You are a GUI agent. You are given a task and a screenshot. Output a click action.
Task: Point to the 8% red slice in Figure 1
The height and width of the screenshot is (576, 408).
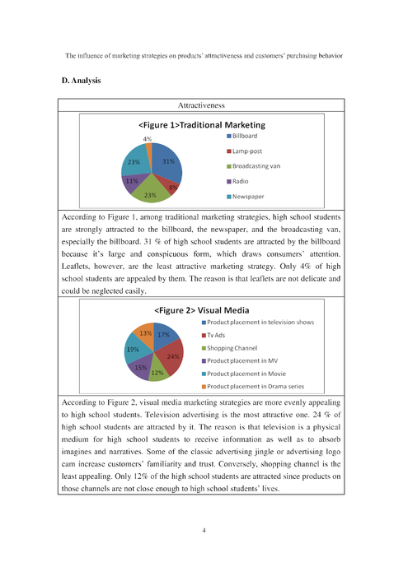[172, 187]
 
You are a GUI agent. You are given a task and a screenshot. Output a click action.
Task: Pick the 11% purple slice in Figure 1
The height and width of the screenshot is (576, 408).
[131, 179]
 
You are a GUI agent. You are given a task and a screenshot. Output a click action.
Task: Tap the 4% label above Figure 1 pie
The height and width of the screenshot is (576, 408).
[147, 139]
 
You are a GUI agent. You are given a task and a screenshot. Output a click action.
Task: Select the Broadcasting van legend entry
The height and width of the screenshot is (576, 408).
[256, 165]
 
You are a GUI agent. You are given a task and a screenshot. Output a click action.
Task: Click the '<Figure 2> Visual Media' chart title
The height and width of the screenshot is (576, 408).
[202, 310]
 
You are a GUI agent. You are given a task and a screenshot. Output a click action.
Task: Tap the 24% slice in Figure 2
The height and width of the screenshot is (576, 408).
[172, 356]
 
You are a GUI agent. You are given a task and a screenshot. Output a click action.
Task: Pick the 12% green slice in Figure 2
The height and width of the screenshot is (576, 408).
[157, 372]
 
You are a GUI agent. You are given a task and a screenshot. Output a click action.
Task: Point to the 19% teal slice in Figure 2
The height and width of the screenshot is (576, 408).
[133, 350]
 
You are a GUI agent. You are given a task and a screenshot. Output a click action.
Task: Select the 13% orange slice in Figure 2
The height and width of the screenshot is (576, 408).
[145, 333]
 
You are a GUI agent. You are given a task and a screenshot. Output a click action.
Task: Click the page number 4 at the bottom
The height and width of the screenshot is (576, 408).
[204, 530]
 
